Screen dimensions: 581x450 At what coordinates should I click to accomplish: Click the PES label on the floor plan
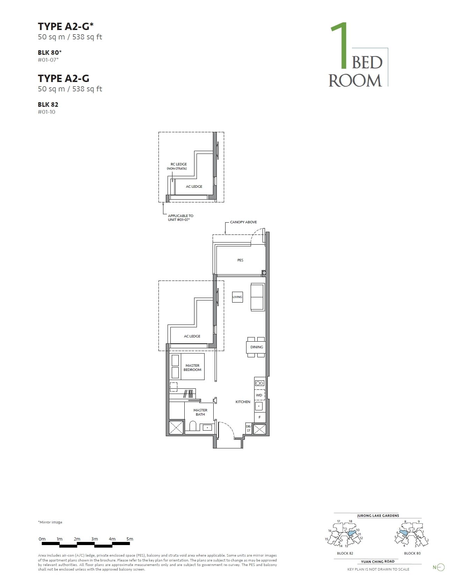(x=240, y=260)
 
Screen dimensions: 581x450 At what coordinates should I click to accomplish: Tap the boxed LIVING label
(x=237, y=297)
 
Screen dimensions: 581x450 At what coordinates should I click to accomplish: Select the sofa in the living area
(x=258, y=297)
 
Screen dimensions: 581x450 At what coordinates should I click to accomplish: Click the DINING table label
(x=257, y=347)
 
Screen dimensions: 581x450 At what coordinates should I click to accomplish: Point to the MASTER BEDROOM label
(x=192, y=367)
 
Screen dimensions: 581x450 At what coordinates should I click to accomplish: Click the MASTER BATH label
(x=200, y=412)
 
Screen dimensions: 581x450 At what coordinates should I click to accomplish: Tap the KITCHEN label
(x=243, y=402)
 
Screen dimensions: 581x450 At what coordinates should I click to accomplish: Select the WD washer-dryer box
(x=259, y=395)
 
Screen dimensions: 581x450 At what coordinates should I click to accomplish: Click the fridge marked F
(x=259, y=417)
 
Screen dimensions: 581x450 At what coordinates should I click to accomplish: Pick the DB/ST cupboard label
(x=249, y=429)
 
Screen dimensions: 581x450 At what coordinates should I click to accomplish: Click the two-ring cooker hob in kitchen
(x=259, y=383)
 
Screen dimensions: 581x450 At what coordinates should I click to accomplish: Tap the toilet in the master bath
(x=193, y=426)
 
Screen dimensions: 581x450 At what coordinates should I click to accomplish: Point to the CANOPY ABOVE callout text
(x=243, y=222)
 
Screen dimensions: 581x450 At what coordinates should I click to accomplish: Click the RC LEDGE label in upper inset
(x=179, y=164)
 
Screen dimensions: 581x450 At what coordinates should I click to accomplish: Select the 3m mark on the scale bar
(x=95, y=539)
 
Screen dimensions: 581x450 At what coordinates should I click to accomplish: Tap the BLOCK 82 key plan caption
(x=345, y=553)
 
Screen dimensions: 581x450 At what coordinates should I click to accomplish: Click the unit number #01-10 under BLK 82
(x=46, y=112)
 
